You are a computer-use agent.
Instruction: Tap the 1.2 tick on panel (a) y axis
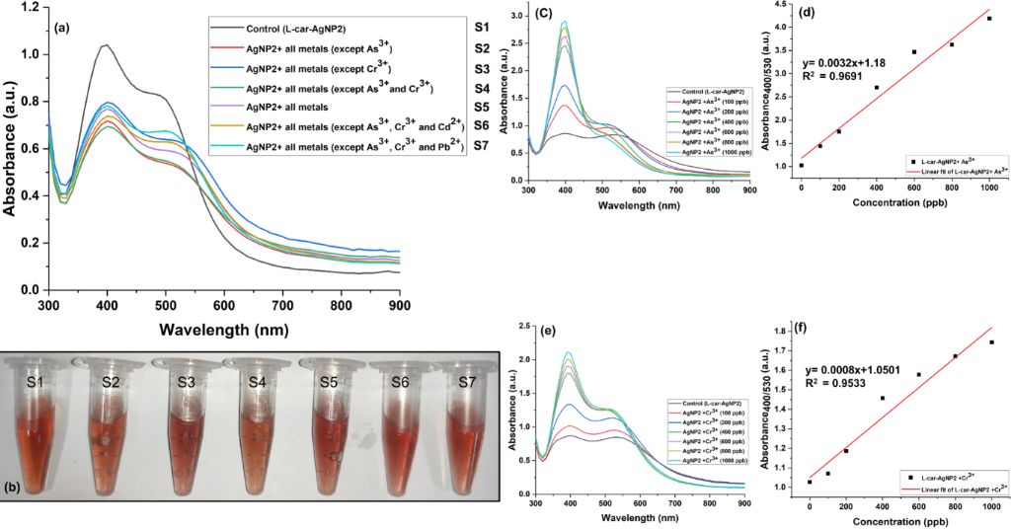tap(30, 8)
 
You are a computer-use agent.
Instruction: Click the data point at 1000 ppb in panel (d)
tap(988, 19)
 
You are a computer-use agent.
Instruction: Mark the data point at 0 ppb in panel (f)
tap(810, 482)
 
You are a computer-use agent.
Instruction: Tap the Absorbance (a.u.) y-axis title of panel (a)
tap(10, 150)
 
